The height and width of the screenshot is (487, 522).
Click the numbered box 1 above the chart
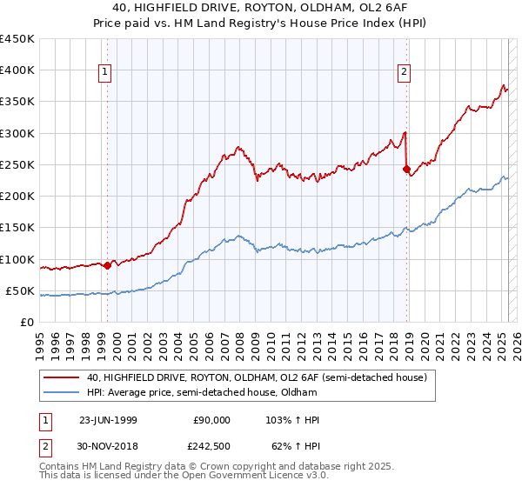[104, 72]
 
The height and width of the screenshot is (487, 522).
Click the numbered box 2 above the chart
[405, 72]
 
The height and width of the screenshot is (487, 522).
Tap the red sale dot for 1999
[107, 265]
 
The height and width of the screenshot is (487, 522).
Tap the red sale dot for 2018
[406, 169]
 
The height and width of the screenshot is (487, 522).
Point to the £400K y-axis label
[17, 70]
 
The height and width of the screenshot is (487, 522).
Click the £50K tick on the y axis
[21, 290]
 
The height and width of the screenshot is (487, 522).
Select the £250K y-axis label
[17, 164]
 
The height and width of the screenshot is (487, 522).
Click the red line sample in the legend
[61, 378]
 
